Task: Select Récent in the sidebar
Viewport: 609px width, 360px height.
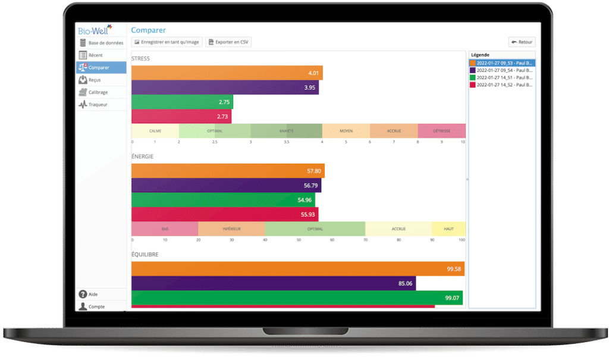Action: point(95,55)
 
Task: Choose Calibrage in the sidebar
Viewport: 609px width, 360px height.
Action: point(98,92)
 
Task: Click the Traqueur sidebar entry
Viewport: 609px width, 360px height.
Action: point(97,105)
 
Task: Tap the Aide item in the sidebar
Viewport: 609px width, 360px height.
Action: point(93,295)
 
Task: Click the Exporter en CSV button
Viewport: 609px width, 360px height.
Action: point(228,42)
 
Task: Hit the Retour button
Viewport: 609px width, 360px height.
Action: point(522,42)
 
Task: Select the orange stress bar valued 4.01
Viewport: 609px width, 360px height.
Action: point(227,73)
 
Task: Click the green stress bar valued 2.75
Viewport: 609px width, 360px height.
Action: point(182,102)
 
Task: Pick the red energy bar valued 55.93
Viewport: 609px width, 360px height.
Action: point(225,214)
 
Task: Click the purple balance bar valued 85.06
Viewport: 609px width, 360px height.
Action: point(274,283)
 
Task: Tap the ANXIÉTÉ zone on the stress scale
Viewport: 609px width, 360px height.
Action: point(286,131)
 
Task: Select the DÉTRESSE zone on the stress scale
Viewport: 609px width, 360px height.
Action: point(441,131)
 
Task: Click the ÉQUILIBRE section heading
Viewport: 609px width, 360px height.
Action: point(145,254)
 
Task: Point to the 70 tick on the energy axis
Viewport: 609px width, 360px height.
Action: point(365,240)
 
